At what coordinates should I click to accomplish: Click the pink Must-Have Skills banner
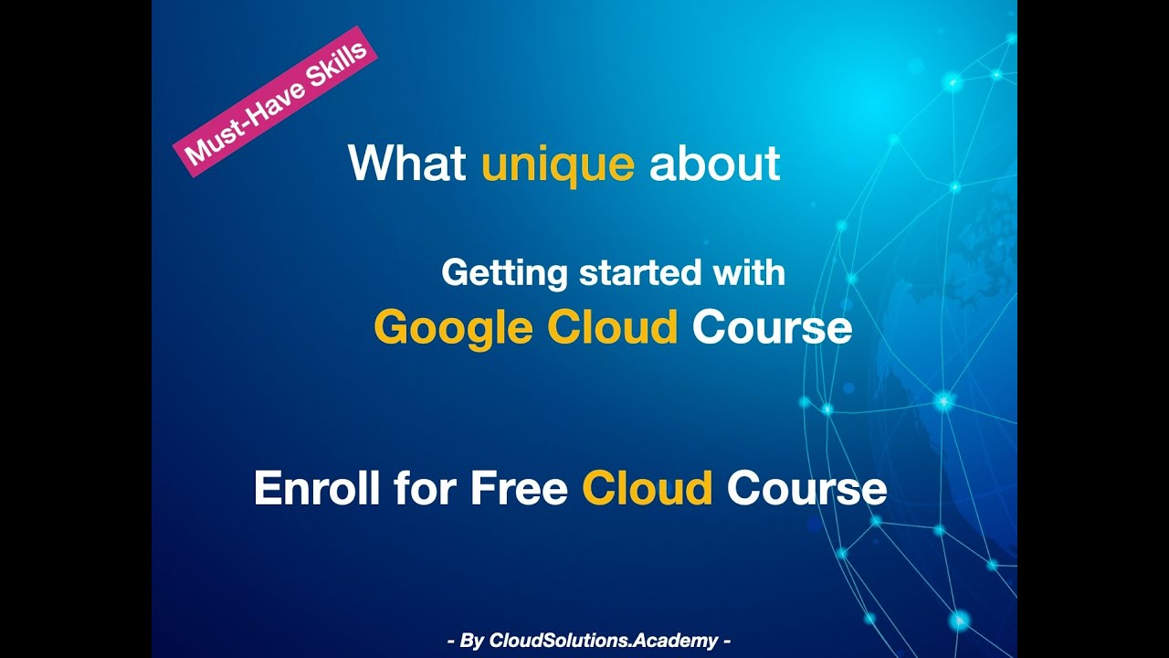click(275, 102)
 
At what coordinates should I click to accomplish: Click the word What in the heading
click(407, 164)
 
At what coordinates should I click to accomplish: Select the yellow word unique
click(557, 164)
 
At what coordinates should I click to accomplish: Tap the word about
click(714, 164)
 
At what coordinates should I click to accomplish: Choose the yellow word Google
click(453, 328)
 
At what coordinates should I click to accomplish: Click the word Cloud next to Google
click(613, 327)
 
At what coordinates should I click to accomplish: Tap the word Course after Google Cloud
click(772, 327)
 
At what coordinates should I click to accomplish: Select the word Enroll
click(311, 488)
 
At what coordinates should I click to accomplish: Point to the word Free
click(518, 488)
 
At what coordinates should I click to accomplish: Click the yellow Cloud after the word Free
click(647, 488)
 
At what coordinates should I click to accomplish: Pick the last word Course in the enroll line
click(806, 488)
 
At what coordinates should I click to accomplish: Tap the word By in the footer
click(471, 641)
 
